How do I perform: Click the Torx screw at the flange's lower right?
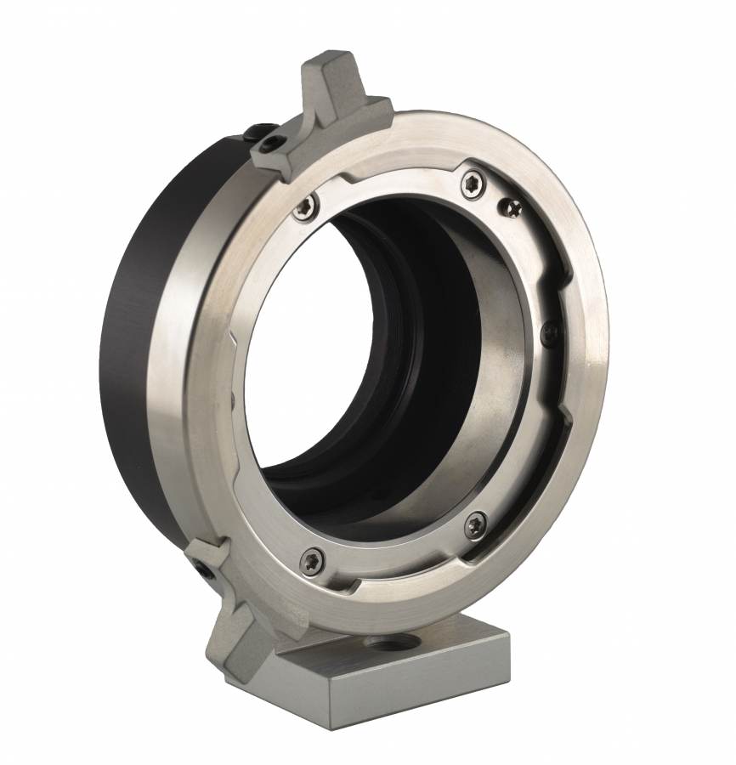[476, 524]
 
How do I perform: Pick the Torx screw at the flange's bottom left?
[313, 558]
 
